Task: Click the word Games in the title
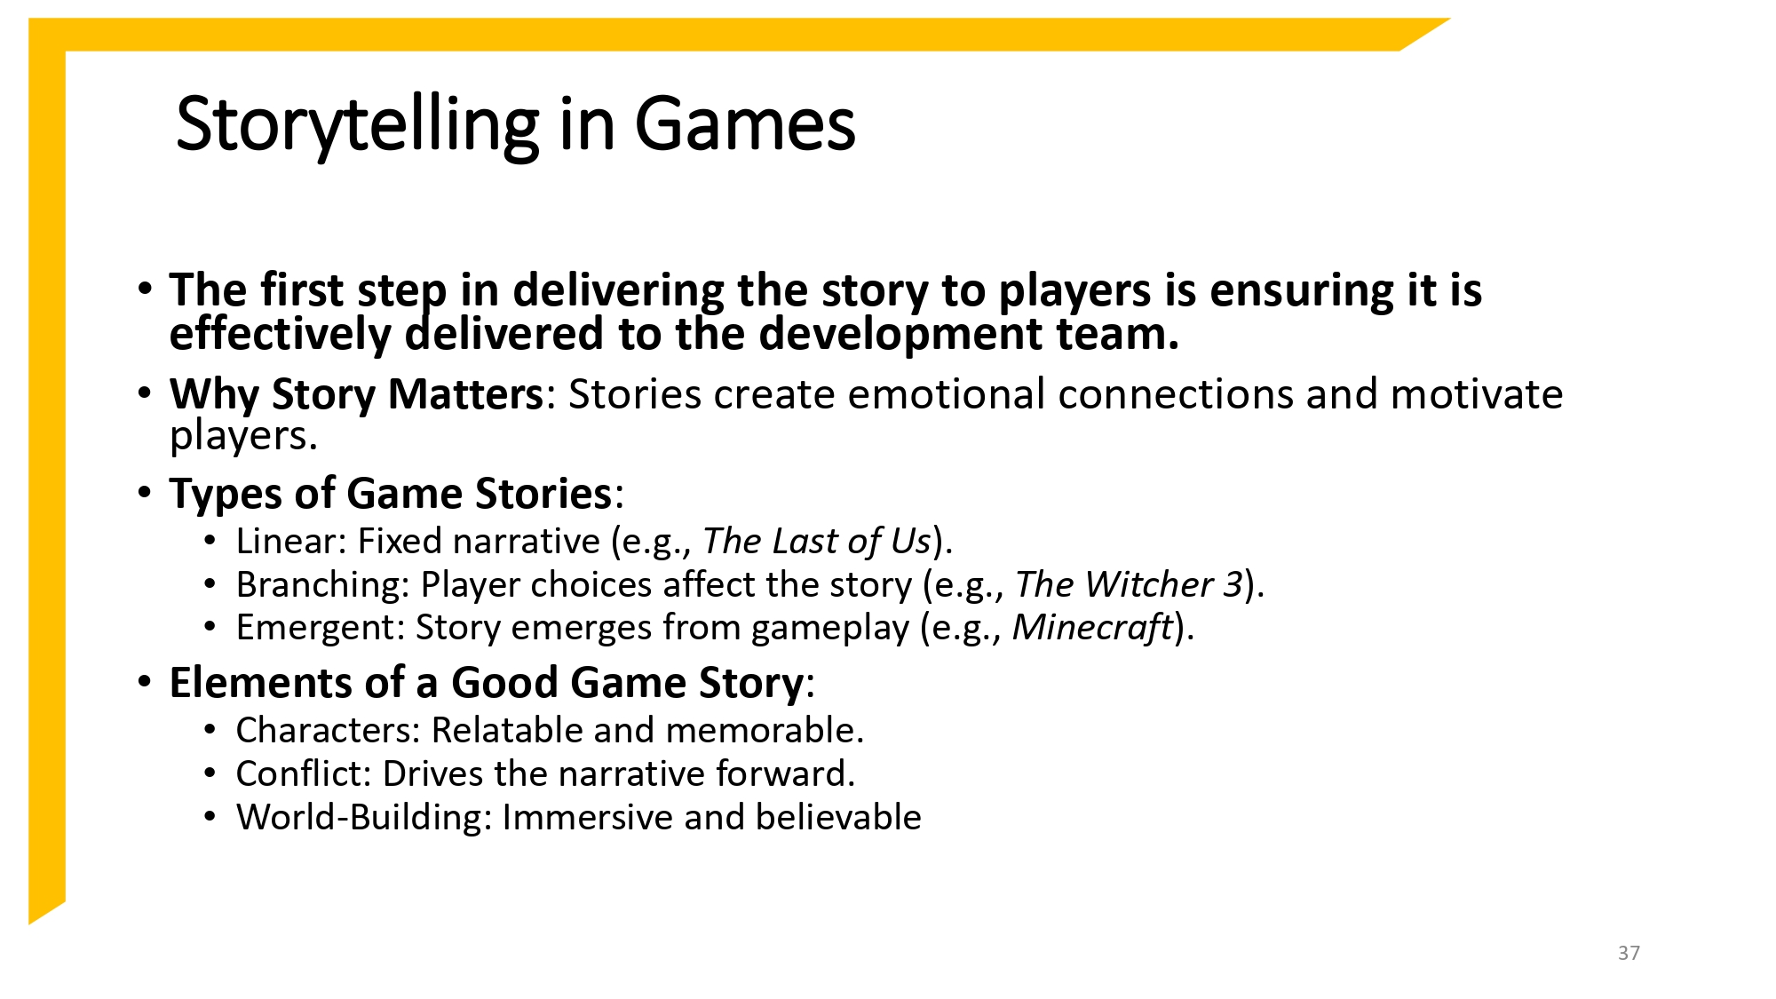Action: pos(744,124)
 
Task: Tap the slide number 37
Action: pos(1629,953)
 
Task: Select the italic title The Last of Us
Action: pos(817,541)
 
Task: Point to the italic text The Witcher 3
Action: pos(1129,584)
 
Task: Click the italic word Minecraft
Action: pos(1092,627)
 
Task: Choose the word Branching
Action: pos(321,584)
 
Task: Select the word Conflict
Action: pos(302,773)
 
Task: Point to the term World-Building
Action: pos(363,817)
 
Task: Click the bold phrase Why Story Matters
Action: pos(356,394)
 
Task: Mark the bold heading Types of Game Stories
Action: pos(391,494)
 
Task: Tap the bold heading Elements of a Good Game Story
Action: pos(487,683)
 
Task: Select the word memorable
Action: pos(764,730)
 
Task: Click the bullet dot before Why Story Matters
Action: pos(145,392)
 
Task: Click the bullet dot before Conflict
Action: pos(210,773)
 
